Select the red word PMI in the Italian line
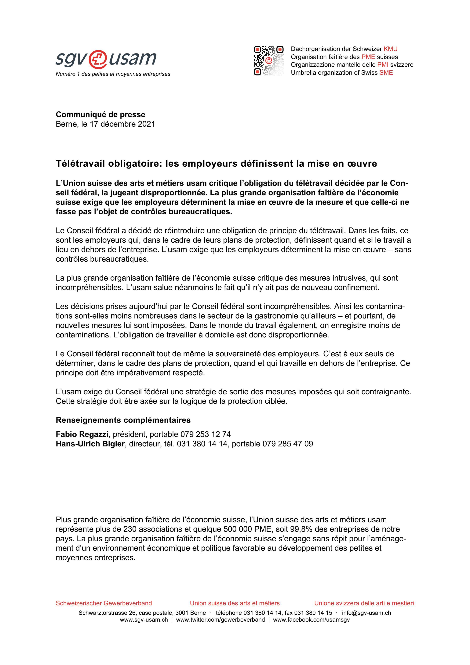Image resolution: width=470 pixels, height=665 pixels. (x=383, y=65)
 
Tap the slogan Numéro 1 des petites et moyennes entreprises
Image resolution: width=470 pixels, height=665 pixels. (x=113, y=74)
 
